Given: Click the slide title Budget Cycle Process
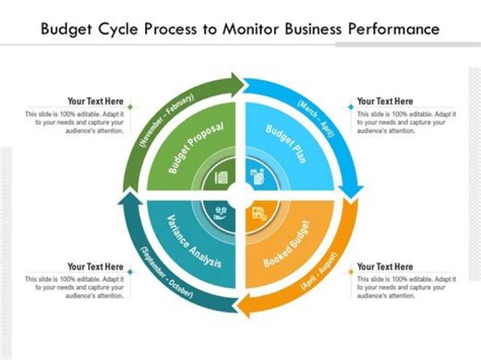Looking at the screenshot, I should tap(240, 29).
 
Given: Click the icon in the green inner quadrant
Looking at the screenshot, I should tap(221, 178).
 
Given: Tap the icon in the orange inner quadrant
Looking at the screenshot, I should tap(259, 214).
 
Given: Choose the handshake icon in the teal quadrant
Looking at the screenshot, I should tap(221, 214).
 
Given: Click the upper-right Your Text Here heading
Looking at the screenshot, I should tap(385, 102).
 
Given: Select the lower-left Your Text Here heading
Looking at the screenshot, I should tap(96, 266).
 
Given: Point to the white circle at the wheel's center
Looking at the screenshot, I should tap(240, 194).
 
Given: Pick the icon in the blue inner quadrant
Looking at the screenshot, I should tap(257, 177).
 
